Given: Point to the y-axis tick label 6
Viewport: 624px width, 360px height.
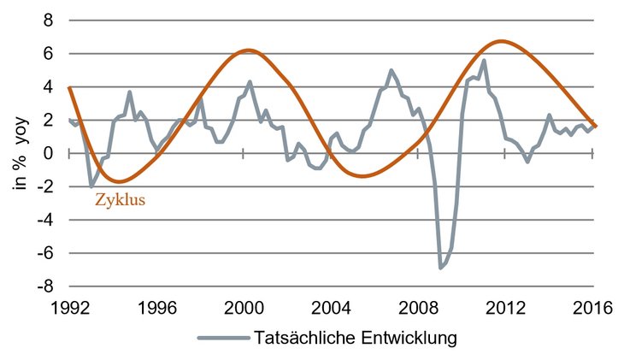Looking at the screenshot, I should tap(51, 54).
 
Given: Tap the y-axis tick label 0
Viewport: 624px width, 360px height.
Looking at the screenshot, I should tap(51, 154).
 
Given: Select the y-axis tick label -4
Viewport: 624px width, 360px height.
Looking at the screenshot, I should tap(48, 220).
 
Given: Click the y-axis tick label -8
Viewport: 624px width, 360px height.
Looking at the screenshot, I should tap(48, 287).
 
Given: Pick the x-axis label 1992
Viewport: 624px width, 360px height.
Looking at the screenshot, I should tap(69, 308).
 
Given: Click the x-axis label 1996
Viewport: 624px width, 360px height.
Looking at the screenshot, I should tap(156, 308).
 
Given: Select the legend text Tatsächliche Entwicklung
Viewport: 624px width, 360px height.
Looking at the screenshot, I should tap(356, 338).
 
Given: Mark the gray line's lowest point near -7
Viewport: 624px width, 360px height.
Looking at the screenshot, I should tap(441, 269).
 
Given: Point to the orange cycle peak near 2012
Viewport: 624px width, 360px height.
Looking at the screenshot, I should tap(502, 41).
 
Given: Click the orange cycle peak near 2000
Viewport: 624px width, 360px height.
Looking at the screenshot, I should tap(247, 50).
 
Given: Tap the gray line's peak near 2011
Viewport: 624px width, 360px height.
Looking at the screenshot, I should tap(484, 61).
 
